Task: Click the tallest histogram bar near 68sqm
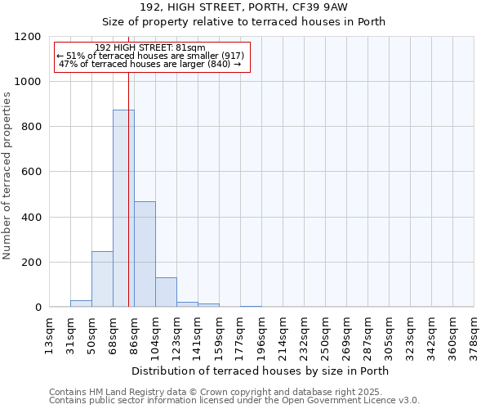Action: click(123, 209)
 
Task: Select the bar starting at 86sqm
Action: click(145, 254)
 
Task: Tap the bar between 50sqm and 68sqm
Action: click(102, 279)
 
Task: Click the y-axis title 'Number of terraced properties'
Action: click(7, 176)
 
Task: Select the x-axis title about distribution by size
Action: click(260, 371)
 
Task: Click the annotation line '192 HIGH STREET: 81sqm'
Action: click(150, 48)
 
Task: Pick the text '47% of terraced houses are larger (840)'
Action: click(150, 64)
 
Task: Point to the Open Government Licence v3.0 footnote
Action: click(234, 401)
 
